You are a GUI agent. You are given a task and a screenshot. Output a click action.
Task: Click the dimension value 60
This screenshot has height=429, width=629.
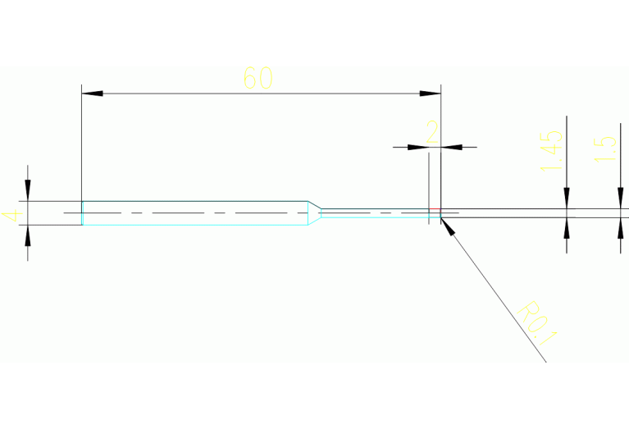coord(258,79)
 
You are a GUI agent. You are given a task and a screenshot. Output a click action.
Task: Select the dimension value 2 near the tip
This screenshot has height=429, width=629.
coord(432,131)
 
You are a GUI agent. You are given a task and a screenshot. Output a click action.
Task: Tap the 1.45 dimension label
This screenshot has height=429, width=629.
coord(552,150)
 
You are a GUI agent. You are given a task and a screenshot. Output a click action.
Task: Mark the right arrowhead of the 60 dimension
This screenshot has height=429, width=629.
coord(431,94)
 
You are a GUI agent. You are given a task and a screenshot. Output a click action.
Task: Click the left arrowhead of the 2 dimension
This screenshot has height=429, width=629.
coord(419,148)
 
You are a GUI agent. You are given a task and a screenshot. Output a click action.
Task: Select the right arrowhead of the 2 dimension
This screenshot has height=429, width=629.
coord(452,148)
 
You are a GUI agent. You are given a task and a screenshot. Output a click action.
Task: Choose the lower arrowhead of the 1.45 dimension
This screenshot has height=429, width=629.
coord(567,226)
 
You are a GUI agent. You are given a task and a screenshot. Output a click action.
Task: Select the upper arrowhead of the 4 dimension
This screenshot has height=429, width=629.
coord(28,191)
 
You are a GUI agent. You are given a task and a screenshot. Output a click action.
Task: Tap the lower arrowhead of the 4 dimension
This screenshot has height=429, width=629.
coord(28,235)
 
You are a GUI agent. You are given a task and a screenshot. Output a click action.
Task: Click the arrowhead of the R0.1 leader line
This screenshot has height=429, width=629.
coord(448,225)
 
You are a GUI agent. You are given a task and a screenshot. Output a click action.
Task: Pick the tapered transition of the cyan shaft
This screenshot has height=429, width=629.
coord(313,213)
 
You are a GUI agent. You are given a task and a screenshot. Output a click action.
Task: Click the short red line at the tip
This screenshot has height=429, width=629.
coord(435,208)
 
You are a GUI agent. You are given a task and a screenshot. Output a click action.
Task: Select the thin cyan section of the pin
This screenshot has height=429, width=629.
coord(373,212)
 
